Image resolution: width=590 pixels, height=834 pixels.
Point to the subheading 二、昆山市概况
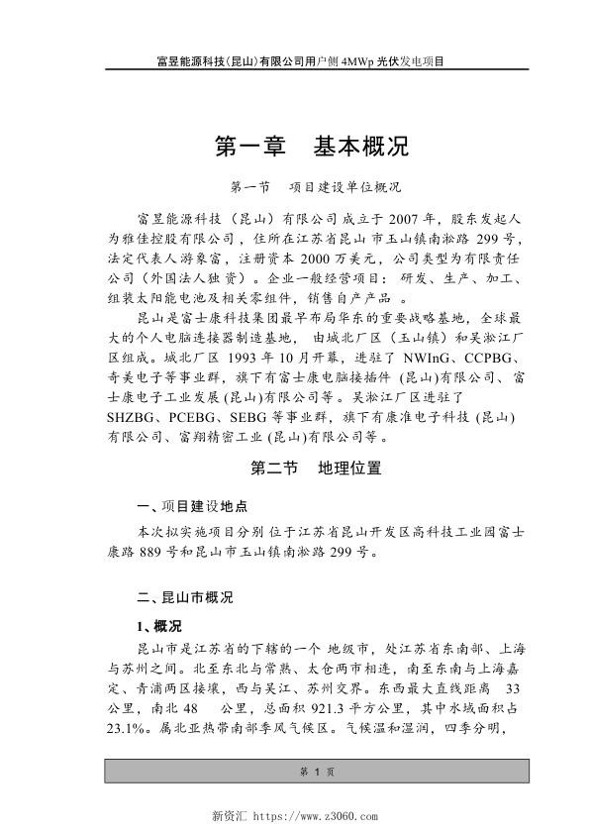pyautogui.click(x=184, y=597)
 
